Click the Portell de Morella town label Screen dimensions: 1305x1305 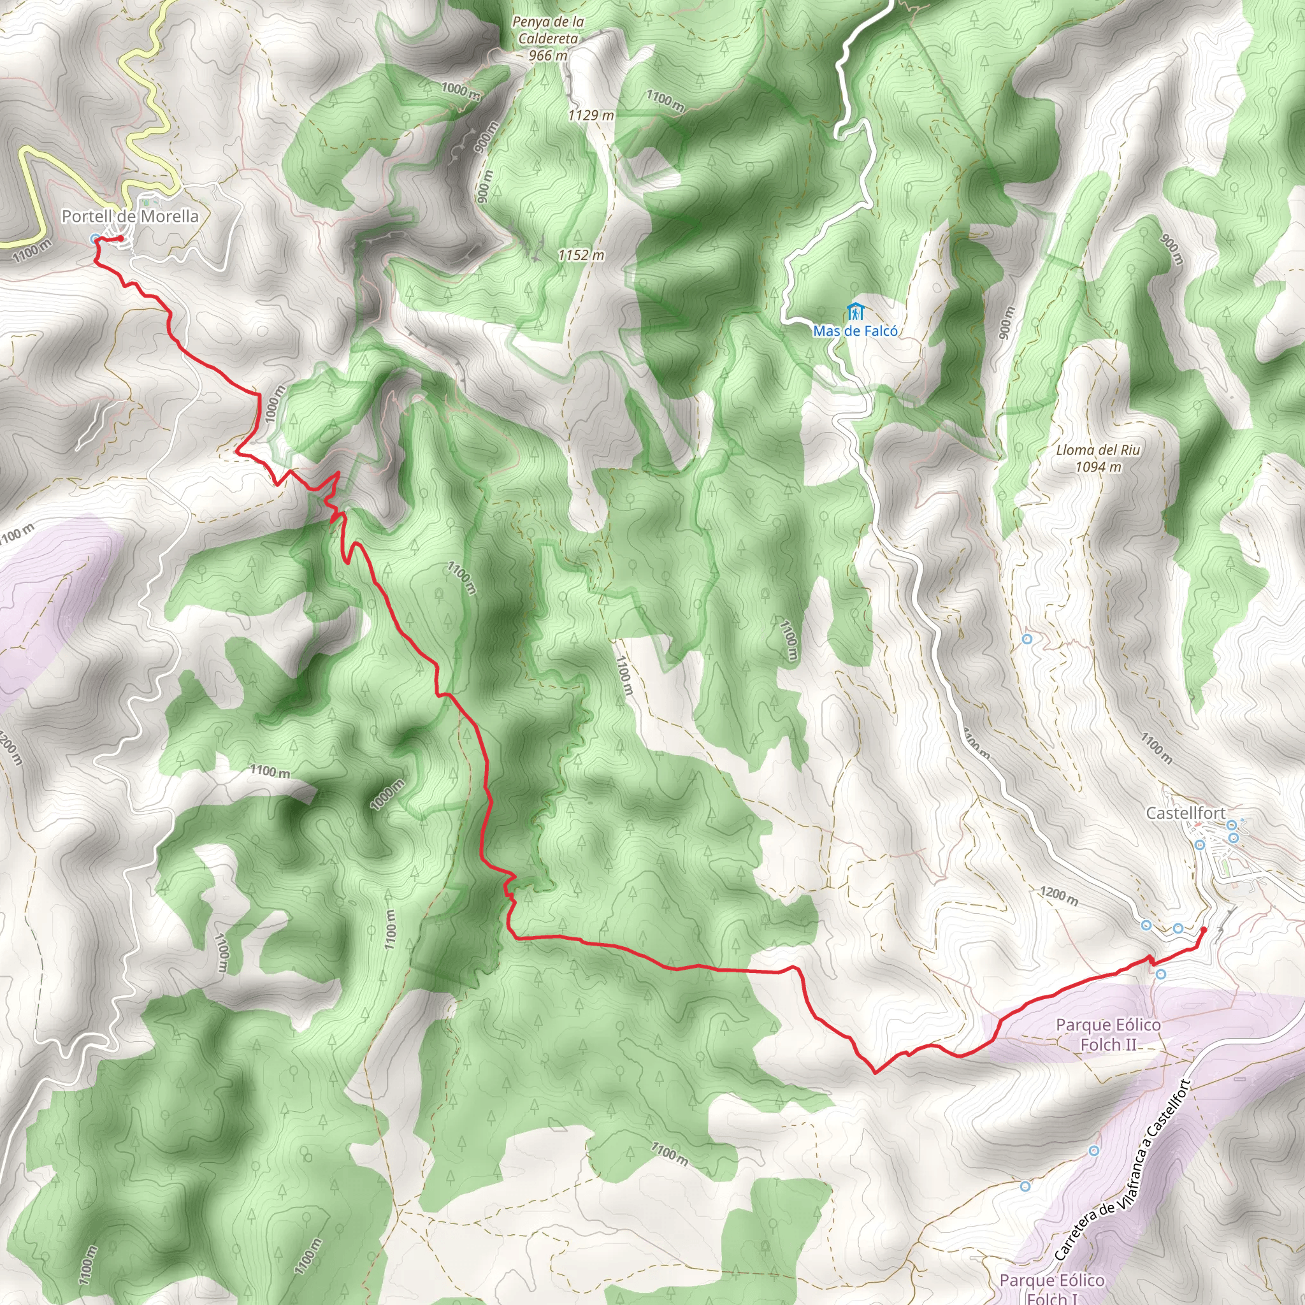130,216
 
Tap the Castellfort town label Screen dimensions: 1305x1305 1185,813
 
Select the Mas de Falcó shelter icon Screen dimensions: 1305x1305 856,313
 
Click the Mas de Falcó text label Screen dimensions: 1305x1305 855,331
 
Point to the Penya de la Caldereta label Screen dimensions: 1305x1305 548,31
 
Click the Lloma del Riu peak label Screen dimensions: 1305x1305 1099,450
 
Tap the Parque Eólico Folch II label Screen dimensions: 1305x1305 1109,1034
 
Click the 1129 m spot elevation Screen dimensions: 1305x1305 590,115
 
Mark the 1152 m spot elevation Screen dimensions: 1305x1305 581,256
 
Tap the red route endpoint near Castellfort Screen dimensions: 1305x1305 1203,930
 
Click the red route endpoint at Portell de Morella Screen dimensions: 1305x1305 120,238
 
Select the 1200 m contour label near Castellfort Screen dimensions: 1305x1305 1058,896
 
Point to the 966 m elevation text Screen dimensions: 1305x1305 548,55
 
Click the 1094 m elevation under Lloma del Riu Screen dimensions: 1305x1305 1099,466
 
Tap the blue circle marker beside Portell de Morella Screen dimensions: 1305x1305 95,238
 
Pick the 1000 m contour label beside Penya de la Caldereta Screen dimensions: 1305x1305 461,90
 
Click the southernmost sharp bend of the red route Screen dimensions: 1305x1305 876,1072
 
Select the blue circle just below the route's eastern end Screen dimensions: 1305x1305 1160,974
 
